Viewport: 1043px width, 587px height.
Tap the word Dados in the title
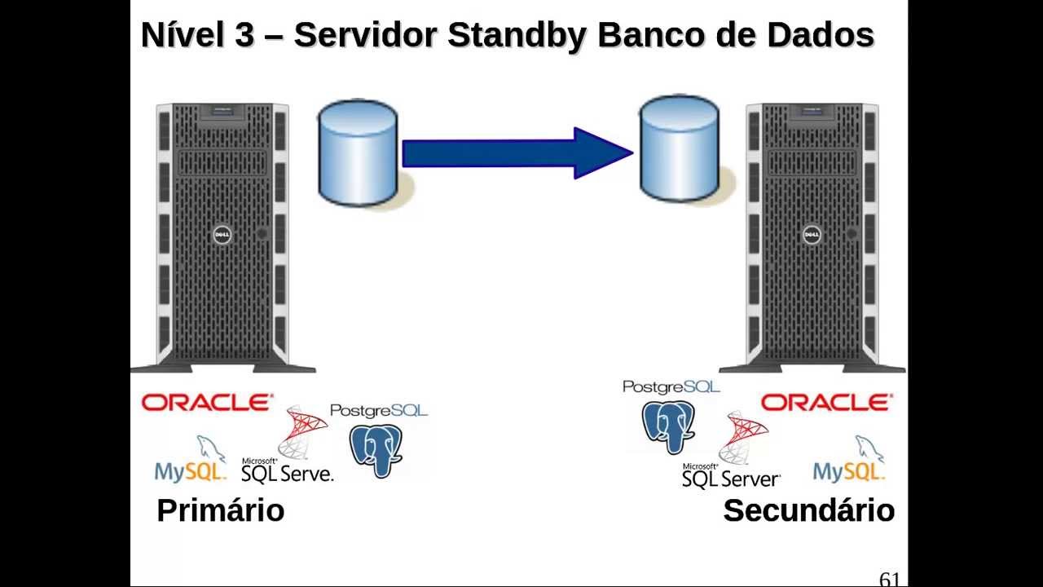(x=821, y=36)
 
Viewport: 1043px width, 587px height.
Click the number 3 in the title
(x=244, y=36)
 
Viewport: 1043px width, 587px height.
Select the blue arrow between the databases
(x=517, y=152)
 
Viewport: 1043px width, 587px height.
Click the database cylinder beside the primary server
(x=358, y=152)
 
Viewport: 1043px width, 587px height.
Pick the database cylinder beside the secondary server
(x=679, y=148)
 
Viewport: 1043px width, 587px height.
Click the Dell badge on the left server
(x=222, y=236)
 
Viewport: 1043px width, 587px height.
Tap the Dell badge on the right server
(x=812, y=236)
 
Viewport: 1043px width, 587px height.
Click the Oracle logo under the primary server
(x=207, y=403)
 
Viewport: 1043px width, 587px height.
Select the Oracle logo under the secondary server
(x=826, y=403)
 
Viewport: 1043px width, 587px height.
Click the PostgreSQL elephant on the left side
(x=376, y=449)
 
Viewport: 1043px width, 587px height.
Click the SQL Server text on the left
(x=288, y=473)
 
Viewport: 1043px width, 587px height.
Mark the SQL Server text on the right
(x=731, y=479)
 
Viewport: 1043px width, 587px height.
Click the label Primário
(x=220, y=510)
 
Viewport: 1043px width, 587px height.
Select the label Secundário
(x=808, y=510)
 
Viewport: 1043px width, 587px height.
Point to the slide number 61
(x=889, y=580)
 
